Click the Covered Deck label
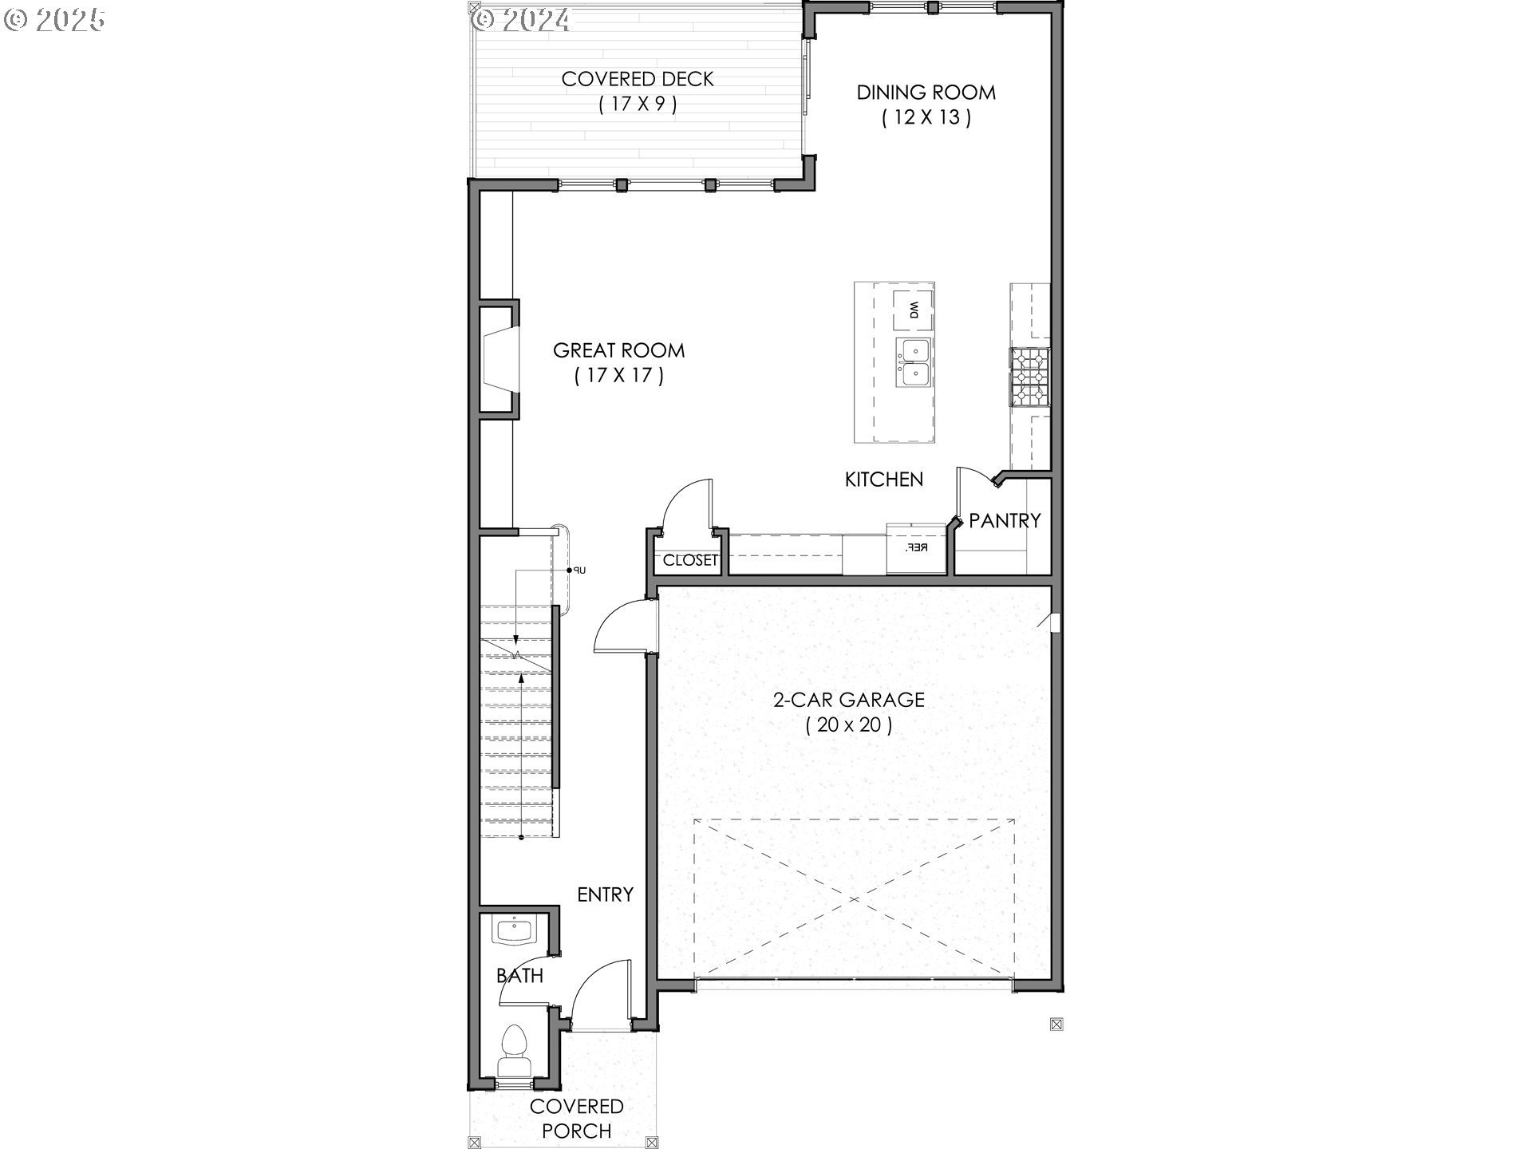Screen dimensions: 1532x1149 638,91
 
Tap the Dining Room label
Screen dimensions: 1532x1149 926,105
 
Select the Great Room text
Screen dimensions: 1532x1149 619,362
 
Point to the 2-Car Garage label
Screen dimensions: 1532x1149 849,712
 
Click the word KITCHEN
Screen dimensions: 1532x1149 884,479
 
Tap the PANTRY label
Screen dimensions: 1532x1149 1005,520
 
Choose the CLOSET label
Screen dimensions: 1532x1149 690,560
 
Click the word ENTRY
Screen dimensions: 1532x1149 606,894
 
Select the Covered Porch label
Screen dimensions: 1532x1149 577,1118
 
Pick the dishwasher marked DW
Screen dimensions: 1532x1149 913,310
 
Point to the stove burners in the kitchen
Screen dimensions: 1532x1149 1030,377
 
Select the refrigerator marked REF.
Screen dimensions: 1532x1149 917,547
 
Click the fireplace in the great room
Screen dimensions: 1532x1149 499,357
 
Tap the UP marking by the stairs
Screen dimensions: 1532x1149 579,570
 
